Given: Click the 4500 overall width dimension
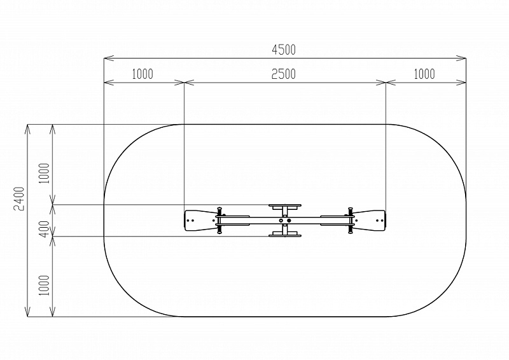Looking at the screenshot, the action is point(284,50).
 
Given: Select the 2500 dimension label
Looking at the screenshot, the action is point(284,74).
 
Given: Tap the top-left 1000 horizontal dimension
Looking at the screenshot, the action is point(143,74).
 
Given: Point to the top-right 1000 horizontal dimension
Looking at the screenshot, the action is point(424,74).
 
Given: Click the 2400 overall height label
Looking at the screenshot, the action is point(19,198).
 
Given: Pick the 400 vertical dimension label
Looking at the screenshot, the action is point(45,228).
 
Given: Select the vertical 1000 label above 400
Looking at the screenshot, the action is point(45,174).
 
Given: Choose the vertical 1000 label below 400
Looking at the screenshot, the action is point(45,286).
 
